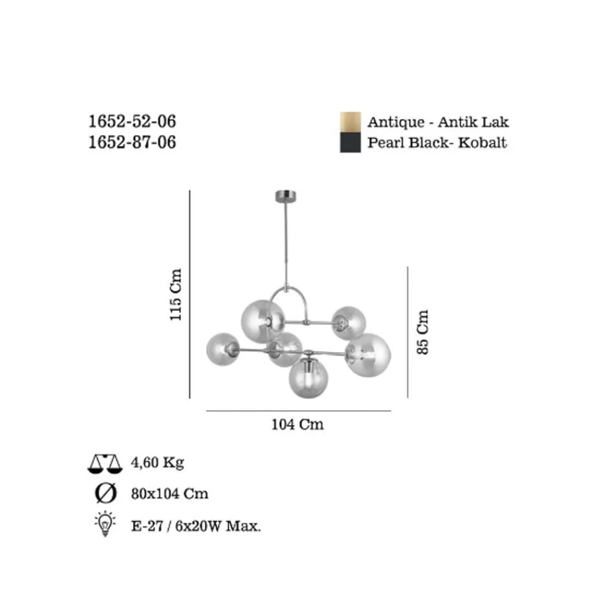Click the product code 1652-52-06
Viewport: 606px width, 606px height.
click(132, 121)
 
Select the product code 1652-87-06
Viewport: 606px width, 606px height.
click(132, 142)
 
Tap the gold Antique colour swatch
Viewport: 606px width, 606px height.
click(350, 122)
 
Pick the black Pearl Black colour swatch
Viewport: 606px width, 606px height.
click(350, 142)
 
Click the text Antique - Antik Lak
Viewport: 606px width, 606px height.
click(438, 122)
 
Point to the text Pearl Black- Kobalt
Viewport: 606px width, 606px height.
click(437, 142)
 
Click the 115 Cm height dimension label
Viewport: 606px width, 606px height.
click(176, 295)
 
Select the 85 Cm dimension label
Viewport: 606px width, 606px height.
click(423, 332)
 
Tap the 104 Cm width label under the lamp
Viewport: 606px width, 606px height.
click(298, 424)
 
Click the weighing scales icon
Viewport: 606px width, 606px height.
click(105, 464)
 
